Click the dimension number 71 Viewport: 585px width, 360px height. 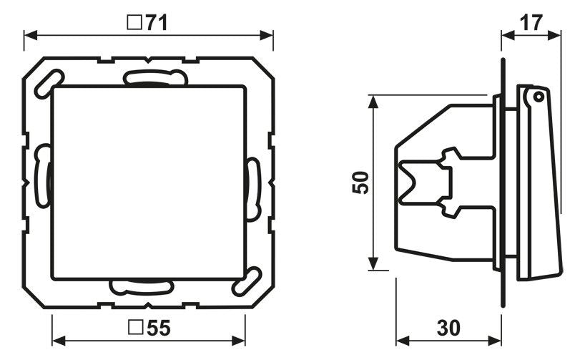157,23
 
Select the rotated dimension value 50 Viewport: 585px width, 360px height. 362,183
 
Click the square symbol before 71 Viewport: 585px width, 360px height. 133,23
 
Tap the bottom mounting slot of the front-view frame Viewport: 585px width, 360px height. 141,286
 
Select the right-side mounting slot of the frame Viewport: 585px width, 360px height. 252,189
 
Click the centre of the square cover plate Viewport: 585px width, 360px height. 149,182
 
